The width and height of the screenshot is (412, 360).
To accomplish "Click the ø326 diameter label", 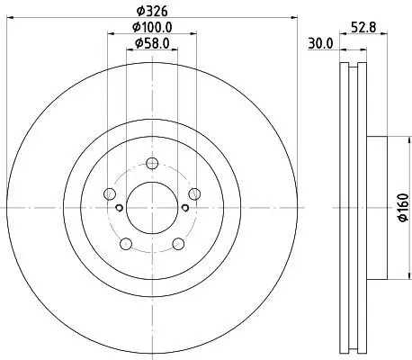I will (151, 13).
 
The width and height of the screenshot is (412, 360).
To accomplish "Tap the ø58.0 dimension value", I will (151, 43).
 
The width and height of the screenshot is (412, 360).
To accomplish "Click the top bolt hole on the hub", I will (151, 163).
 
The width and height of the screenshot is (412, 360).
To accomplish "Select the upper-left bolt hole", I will (110, 193).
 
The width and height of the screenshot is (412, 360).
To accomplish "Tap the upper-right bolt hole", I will (193, 193).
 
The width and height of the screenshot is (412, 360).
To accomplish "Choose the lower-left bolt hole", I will (126, 242).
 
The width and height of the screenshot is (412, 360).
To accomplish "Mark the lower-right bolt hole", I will (177, 242).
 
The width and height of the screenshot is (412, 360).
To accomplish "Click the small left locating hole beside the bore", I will (119, 208).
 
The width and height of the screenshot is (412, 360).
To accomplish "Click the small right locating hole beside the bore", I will (184, 208).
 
